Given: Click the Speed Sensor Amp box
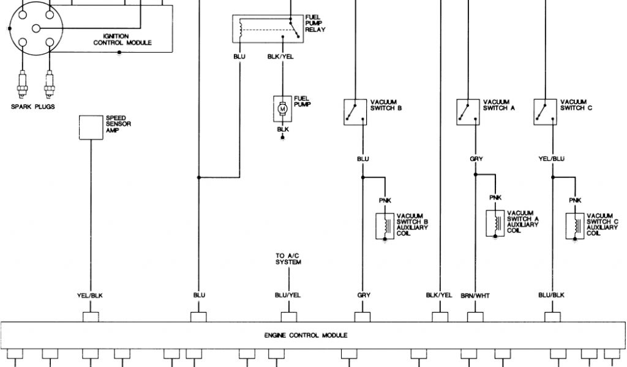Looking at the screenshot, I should point(91,127).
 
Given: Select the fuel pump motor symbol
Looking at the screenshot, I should point(282,108).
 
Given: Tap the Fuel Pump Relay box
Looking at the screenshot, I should point(267,29).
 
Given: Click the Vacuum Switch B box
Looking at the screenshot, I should point(356,112).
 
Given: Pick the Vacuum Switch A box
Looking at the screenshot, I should point(468,112).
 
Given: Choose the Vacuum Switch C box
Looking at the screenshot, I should point(546,112).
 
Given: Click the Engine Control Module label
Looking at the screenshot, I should point(306,335).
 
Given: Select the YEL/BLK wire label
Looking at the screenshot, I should point(90,295).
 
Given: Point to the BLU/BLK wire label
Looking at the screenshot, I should point(552,295).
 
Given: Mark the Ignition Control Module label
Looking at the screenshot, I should point(122,40).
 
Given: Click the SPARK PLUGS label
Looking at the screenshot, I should point(33,106).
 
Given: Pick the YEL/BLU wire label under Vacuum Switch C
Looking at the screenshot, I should point(551,159).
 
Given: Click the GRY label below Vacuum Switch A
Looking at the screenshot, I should point(476,159).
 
